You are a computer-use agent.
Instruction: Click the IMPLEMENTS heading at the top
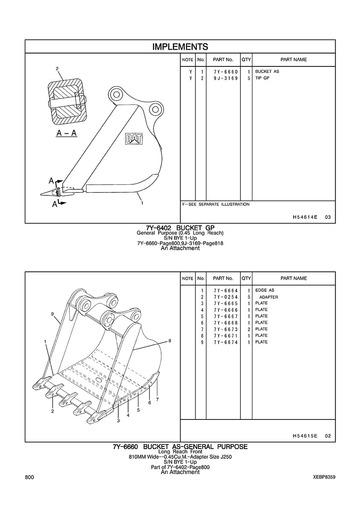pos(180,47)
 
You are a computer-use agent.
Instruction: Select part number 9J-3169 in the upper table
pos(226,78)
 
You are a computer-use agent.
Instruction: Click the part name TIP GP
pos(262,78)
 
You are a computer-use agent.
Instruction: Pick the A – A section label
pos(66,133)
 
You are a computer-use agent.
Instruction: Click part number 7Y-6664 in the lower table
pos(226,290)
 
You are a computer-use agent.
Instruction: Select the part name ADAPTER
pos(268,297)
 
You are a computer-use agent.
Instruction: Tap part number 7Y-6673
pos(226,329)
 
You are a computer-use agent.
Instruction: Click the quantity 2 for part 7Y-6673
pos(248,329)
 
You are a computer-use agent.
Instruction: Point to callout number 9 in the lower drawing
pos(52,314)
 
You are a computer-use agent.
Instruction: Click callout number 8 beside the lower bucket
pos(169,341)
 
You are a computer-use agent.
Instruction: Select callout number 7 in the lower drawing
pos(157,399)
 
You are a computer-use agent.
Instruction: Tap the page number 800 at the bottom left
pos(29,477)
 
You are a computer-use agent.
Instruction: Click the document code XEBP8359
pos(324,477)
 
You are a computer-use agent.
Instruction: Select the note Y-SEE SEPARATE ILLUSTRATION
pos(216,204)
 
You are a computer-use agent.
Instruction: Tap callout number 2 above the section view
pos(57,69)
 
